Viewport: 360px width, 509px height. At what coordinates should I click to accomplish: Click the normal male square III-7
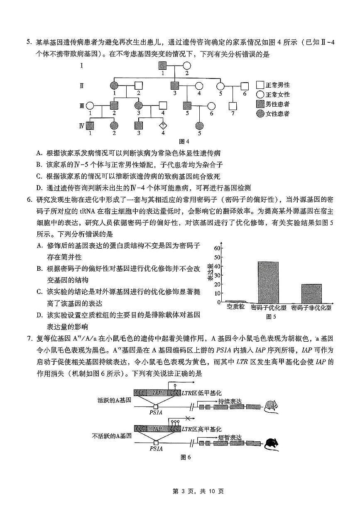[x=233, y=105]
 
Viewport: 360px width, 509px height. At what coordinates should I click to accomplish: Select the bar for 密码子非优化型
[x=311, y=294]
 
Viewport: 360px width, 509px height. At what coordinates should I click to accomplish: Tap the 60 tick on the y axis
[x=217, y=248]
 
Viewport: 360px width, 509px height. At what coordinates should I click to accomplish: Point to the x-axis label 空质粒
[x=235, y=308]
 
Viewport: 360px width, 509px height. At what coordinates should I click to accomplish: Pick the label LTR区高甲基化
[x=201, y=429]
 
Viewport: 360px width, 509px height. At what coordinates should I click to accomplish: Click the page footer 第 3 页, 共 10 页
[x=180, y=491]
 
